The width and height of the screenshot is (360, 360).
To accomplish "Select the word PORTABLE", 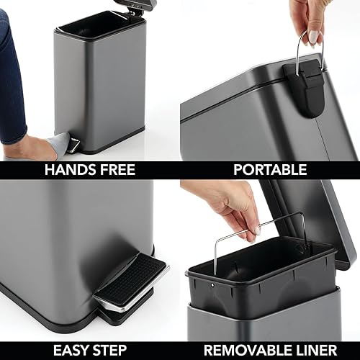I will [270, 170].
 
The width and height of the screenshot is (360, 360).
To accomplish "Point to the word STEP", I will [115, 351].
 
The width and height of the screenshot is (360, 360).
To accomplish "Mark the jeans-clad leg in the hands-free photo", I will [13, 79].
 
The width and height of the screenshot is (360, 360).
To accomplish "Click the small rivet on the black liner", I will [213, 286].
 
